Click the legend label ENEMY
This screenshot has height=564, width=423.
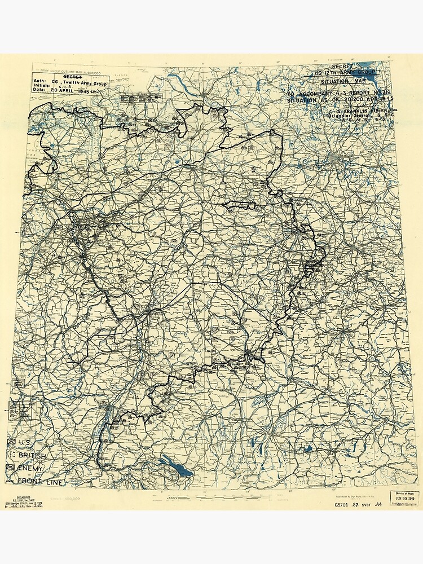(32, 468)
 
